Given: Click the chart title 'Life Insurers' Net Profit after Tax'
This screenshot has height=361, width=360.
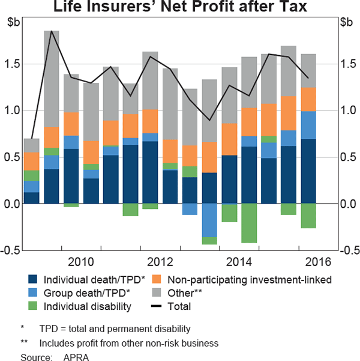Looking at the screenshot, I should pyautogui.click(x=179, y=8).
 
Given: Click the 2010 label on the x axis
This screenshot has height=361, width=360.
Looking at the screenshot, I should pyautogui.click(x=81, y=261).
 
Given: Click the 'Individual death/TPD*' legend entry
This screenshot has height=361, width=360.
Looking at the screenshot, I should pyautogui.click(x=87, y=279).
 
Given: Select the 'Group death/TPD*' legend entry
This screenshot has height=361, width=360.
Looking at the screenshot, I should pyautogui.click(x=81, y=293).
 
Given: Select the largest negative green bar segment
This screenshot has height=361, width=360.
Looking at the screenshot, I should pyautogui.click(x=249, y=223).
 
